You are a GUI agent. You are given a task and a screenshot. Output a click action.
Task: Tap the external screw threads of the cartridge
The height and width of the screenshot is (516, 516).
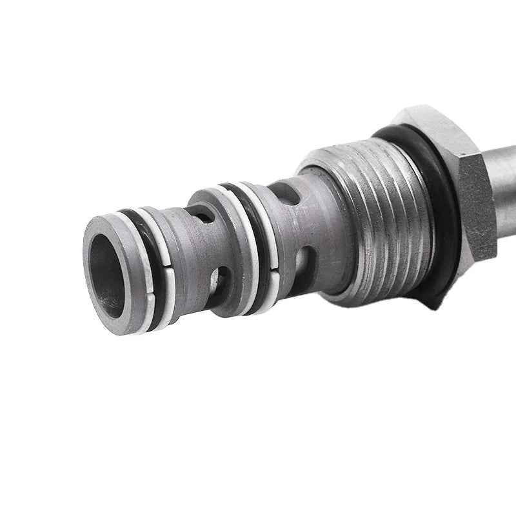click(x=381, y=219)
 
